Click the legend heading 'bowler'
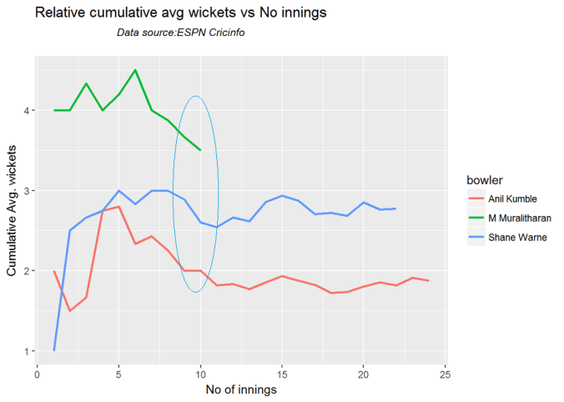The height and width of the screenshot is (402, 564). (x=484, y=180)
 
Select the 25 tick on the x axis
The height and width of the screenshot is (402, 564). (x=445, y=372)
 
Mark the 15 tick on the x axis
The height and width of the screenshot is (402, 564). (x=282, y=372)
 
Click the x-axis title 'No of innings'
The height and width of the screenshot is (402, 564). (x=242, y=389)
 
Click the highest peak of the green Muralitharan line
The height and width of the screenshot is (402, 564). (x=135, y=70)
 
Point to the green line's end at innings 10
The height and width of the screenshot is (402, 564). (x=200, y=150)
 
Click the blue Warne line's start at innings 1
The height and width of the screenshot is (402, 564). (x=54, y=350)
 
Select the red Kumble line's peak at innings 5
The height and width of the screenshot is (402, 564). (x=119, y=206)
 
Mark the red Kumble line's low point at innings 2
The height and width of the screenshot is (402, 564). (x=70, y=311)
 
